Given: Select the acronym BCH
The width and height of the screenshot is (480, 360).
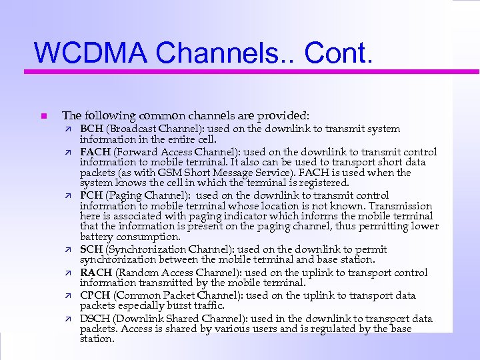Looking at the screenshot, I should click(91, 129).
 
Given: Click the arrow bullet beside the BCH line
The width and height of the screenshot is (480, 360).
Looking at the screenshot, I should click(67, 129).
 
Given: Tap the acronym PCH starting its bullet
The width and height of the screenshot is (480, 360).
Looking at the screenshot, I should click(91, 195).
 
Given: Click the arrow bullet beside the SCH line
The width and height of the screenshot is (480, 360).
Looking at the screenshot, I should click(67, 249).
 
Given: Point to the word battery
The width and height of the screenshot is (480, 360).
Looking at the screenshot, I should click(95, 237).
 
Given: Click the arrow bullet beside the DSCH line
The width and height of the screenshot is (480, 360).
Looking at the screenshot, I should click(67, 319).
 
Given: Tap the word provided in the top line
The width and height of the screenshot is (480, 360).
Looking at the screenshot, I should click(286, 115).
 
